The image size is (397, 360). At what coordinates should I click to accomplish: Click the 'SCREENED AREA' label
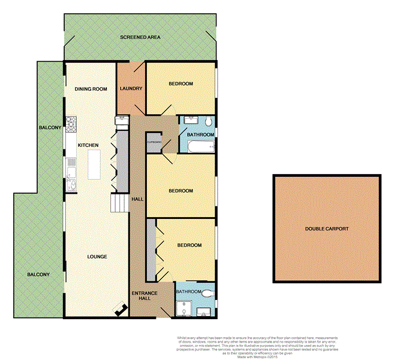click(140, 37)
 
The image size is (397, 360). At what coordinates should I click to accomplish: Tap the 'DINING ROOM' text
click(91, 89)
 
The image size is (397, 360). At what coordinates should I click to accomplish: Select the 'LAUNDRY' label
click(131, 89)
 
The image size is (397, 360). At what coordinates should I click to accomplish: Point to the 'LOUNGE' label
click(97, 257)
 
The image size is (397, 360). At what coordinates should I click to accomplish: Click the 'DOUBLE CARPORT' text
click(326, 229)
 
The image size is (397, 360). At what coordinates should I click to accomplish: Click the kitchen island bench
click(94, 164)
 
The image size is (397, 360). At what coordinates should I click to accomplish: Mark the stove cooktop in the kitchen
click(71, 124)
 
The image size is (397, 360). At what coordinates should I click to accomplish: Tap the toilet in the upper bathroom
click(207, 122)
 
